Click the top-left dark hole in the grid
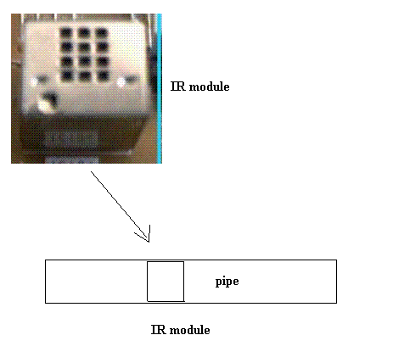tap(66, 33)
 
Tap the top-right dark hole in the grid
tap(102, 33)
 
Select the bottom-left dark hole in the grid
tap(67, 75)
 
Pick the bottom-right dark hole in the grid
tap(103, 75)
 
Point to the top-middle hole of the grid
tap(84, 33)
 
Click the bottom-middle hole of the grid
tap(85, 75)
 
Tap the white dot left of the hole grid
tap(34, 82)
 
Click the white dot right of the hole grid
tap(121, 82)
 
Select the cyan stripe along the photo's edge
tap(160, 88)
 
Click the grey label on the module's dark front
tap(70, 138)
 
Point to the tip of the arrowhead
tap(149, 242)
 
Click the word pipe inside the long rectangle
tap(227, 282)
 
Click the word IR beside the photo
tap(178, 87)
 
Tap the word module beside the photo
tap(210, 87)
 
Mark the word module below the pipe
tap(190, 330)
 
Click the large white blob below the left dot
tap(44, 105)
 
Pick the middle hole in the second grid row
tap(84, 47)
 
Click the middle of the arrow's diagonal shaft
tap(120, 207)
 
